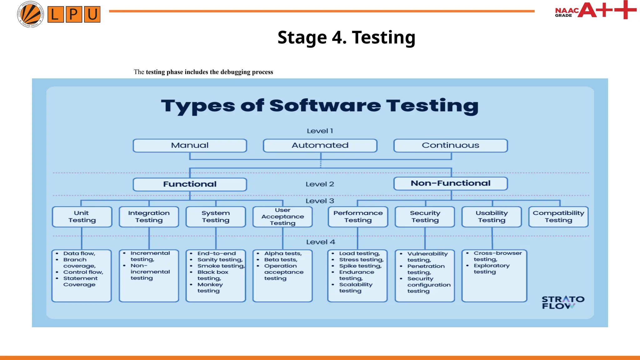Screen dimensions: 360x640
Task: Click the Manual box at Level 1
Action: (x=190, y=146)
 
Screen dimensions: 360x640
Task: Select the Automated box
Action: (x=320, y=146)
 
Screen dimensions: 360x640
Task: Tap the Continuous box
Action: (x=450, y=146)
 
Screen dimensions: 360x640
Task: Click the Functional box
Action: (x=190, y=184)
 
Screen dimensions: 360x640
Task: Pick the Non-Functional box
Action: (x=450, y=183)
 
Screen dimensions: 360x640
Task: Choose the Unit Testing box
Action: (x=82, y=217)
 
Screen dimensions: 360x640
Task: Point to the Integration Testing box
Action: (x=149, y=217)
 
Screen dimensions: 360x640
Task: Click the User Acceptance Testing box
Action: (x=282, y=217)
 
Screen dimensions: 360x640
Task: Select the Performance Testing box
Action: (x=358, y=217)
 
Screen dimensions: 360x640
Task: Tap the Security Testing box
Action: (x=425, y=217)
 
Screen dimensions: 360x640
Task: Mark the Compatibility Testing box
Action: (x=558, y=217)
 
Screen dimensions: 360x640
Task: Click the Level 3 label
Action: (x=320, y=201)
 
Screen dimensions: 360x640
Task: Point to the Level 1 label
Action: (x=320, y=131)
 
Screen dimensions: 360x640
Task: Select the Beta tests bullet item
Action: (x=281, y=260)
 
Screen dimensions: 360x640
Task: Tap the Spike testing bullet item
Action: (x=360, y=266)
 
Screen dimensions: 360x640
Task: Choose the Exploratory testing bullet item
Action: (x=491, y=269)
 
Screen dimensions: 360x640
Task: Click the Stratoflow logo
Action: (x=563, y=302)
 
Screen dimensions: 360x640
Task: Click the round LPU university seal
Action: (x=30, y=14)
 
